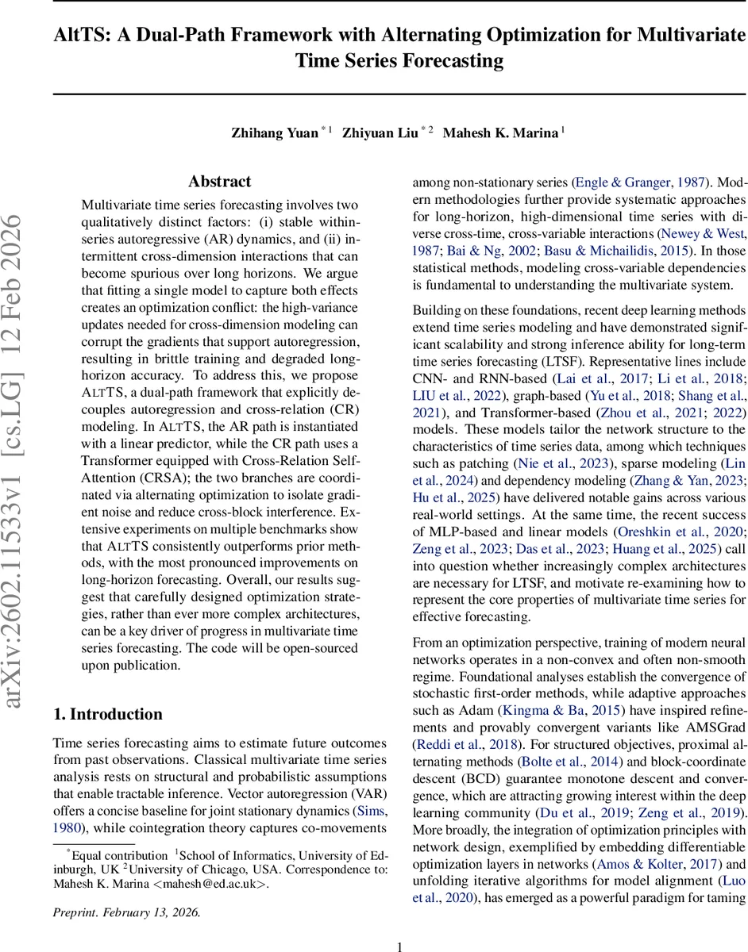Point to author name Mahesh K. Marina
(500, 132)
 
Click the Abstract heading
(219, 182)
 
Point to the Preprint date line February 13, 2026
(127, 912)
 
